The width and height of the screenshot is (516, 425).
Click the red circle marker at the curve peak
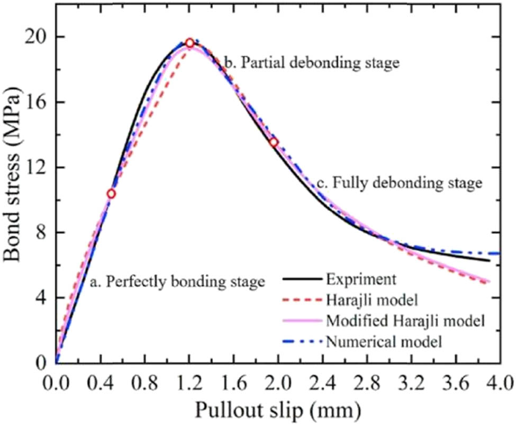189,43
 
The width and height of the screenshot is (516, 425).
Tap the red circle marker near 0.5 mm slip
111,194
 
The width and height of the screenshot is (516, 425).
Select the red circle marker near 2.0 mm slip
274,142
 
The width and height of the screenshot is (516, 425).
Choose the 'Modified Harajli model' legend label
406,321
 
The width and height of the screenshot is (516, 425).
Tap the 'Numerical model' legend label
384,341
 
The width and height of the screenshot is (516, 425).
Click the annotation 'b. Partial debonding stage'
311,64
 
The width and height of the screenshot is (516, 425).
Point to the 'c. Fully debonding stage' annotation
400,184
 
